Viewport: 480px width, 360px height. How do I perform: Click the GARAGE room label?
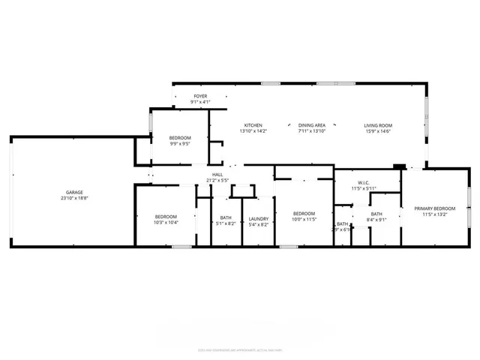[x=73, y=193]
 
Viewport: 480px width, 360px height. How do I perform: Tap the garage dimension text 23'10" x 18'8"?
[x=73, y=199]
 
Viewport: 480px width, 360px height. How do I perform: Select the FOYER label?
[x=200, y=96]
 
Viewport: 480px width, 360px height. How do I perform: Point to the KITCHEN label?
[x=253, y=125]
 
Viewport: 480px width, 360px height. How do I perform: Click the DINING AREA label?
[x=311, y=125]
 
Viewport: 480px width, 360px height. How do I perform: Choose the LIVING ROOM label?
[x=379, y=125]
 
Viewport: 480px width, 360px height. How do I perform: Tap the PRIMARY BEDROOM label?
[x=436, y=208]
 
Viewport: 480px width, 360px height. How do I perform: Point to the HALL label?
[x=217, y=174]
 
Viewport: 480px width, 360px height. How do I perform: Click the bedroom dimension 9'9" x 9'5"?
[x=180, y=143]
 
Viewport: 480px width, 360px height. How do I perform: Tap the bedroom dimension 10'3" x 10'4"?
[x=165, y=223]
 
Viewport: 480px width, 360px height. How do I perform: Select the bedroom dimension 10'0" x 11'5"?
[x=304, y=218]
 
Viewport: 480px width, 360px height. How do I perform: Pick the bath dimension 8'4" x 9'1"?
[x=376, y=220]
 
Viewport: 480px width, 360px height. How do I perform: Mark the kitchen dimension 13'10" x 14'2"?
[x=253, y=131]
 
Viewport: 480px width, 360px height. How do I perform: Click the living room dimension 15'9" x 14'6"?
[x=379, y=131]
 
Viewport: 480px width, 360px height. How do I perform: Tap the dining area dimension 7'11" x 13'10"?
[x=311, y=131]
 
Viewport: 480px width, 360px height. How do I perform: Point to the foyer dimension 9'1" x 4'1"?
[x=200, y=102]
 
